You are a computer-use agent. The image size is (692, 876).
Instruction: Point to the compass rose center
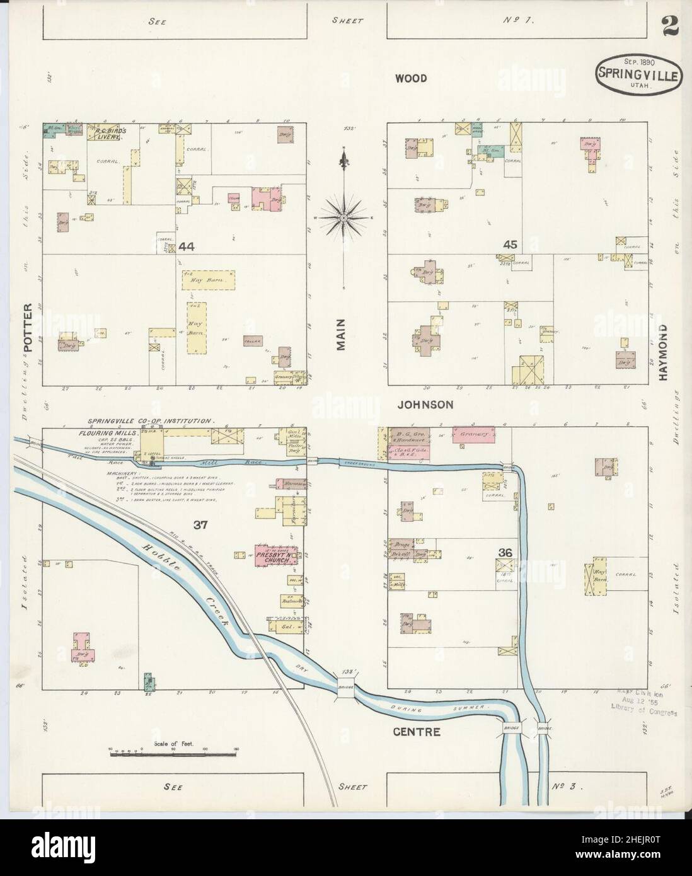click(x=344, y=217)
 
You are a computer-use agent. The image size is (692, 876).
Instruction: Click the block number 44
click(x=186, y=246)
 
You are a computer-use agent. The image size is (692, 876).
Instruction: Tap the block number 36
click(x=505, y=553)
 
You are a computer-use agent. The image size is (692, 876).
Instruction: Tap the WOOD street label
click(x=411, y=79)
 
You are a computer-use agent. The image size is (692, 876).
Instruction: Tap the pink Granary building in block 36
click(x=472, y=435)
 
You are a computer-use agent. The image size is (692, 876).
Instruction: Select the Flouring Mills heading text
click(x=104, y=434)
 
